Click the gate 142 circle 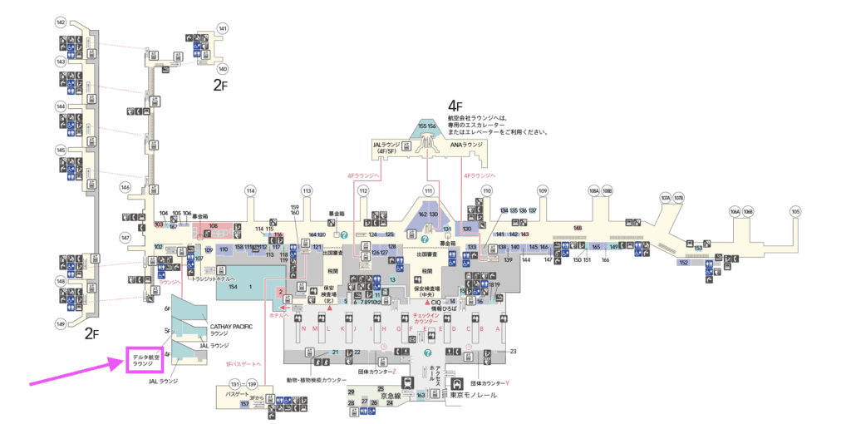pyautogui.click(x=61, y=22)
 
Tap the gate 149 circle pyautogui.click(x=61, y=323)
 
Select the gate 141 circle pyautogui.click(x=223, y=28)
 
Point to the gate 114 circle pyautogui.click(x=250, y=191)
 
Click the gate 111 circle pyautogui.click(x=429, y=191)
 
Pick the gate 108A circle pyautogui.click(x=593, y=191)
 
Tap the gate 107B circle pyautogui.click(x=679, y=198)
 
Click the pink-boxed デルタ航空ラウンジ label pyautogui.click(x=144, y=360)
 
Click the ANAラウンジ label pyautogui.click(x=466, y=145)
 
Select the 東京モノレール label pyautogui.click(x=473, y=395)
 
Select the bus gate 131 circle pyautogui.click(x=235, y=384)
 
